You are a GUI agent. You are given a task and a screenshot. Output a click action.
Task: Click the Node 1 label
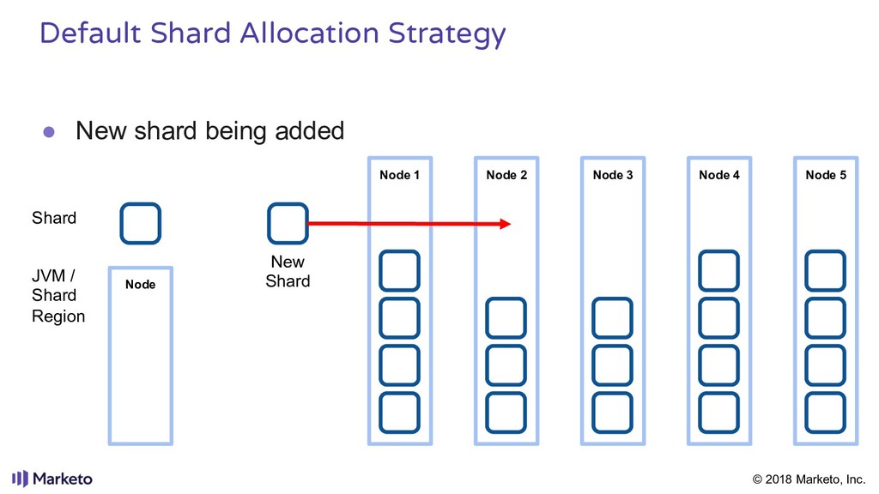399,175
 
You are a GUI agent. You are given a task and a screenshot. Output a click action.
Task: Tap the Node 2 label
506,175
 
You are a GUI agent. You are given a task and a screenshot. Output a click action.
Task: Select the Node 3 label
613,175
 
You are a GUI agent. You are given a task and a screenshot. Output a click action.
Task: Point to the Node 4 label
719,175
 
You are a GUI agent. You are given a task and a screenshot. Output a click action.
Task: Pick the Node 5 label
826,175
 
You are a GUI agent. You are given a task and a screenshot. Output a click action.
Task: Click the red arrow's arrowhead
506,224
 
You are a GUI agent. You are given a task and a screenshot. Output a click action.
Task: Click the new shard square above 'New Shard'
288,223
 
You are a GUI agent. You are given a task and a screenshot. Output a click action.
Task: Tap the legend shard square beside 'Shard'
140,223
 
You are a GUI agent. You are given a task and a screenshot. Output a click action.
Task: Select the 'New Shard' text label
288,271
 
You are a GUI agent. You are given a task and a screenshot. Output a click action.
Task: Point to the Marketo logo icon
20,479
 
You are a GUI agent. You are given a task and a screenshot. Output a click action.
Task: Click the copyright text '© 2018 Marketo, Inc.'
809,479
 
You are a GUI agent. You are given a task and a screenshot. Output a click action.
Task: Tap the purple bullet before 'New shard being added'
50,132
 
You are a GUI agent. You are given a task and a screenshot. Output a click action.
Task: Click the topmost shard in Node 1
399,271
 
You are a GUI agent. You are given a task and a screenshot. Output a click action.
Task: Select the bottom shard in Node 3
613,413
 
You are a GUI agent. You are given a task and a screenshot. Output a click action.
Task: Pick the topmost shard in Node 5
826,271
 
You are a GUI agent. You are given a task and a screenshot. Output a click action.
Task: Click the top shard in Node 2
506,318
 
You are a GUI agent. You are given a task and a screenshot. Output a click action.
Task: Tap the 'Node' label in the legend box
140,284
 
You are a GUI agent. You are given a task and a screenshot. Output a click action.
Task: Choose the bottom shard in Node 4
719,413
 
